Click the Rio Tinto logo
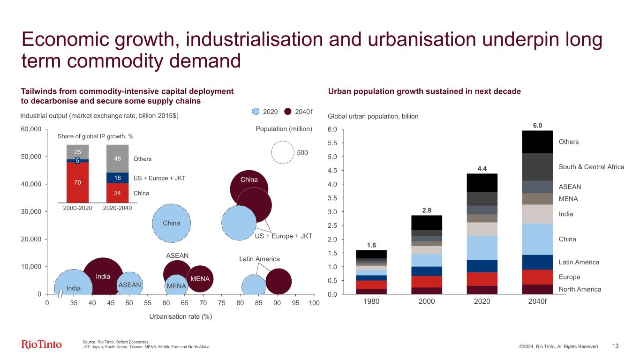pyautogui.click(x=41, y=345)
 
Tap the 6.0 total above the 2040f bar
pyautogui.click(x=537, y=125)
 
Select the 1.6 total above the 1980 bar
pyautogui.click(x=371, y=245)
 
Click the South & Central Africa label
pyautogui.click(x=591, y=167)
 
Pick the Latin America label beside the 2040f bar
pyautogui.click(x=579, y=262)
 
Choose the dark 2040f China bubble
pyautogui.click(x=249, y=187)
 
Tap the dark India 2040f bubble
pyautogui.click(x=103, y=277)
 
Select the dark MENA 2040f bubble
pyautogui.click(x=200, y=278)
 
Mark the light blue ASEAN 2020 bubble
pyautogui.click(x=130, y=285)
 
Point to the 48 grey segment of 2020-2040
pyautogui.click(x=117, y=158)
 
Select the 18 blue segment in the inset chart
pyautogui.click(x=117, y=178)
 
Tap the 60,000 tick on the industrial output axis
pyautogui.click(x=31, y=129)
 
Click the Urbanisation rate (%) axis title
pyautogui.click(x=181, y=316)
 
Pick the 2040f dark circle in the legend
pyautogui.click(x=288, y=112)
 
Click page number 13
pyautogui.click(x=616, y=346)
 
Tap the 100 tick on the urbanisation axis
pyautogui.click(x=314, y=303)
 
